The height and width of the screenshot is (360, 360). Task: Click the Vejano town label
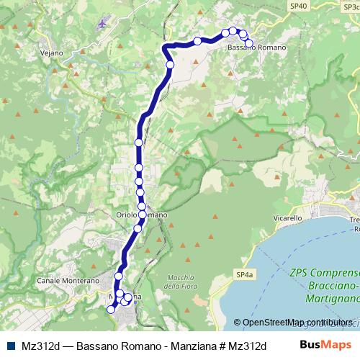pos(53,53)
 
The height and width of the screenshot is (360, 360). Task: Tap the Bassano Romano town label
pos(256,48)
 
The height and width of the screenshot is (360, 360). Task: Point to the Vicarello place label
pos(268,217)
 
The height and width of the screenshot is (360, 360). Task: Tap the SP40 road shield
pos(297,5)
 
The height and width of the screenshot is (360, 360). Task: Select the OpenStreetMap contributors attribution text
pos(297,323)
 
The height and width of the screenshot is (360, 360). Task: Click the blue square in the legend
pos(10,345)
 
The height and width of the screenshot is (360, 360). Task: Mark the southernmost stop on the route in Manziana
pos(111,310)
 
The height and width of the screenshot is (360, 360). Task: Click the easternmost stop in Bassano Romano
pos(250,44)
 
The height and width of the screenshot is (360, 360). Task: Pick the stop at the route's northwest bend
pos(171,65)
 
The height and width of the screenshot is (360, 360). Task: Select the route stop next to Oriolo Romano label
pos(142,215)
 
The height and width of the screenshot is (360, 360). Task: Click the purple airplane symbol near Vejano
pos(105,22)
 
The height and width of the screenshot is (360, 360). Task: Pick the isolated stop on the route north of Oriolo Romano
pos(139,143)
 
